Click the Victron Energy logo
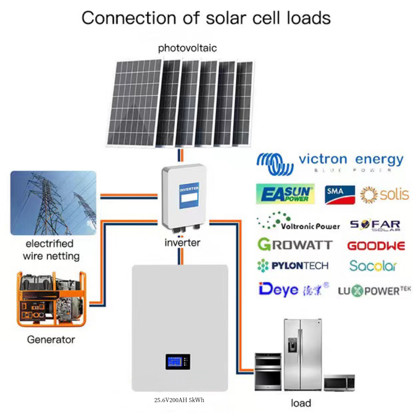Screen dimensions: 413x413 click(x=330, y=164)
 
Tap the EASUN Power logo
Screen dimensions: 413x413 click(x=285, y=194)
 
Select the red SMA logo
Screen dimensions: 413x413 click(x=340, y=194)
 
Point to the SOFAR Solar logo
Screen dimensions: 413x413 click(x=375, y=225)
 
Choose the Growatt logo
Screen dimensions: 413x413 click(x=295, y=244)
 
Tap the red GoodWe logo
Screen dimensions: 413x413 click(x=376, y=246)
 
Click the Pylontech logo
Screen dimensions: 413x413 click(x=293, y=265)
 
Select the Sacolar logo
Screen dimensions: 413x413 click(x=373, y=266)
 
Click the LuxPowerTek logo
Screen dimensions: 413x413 click(x=375, y=290)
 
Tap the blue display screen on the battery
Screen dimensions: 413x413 click(x=178, y=361)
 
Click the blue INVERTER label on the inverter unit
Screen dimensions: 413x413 click(x=189, y=195)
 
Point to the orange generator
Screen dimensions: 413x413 click(x=51, y=298)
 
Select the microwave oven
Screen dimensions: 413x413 click(x=339, y=382)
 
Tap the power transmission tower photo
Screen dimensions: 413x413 click(x=53, y=203)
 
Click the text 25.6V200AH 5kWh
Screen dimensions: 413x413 click(x=179, y=400)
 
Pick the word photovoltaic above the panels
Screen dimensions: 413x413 click(x=187, y=48)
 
